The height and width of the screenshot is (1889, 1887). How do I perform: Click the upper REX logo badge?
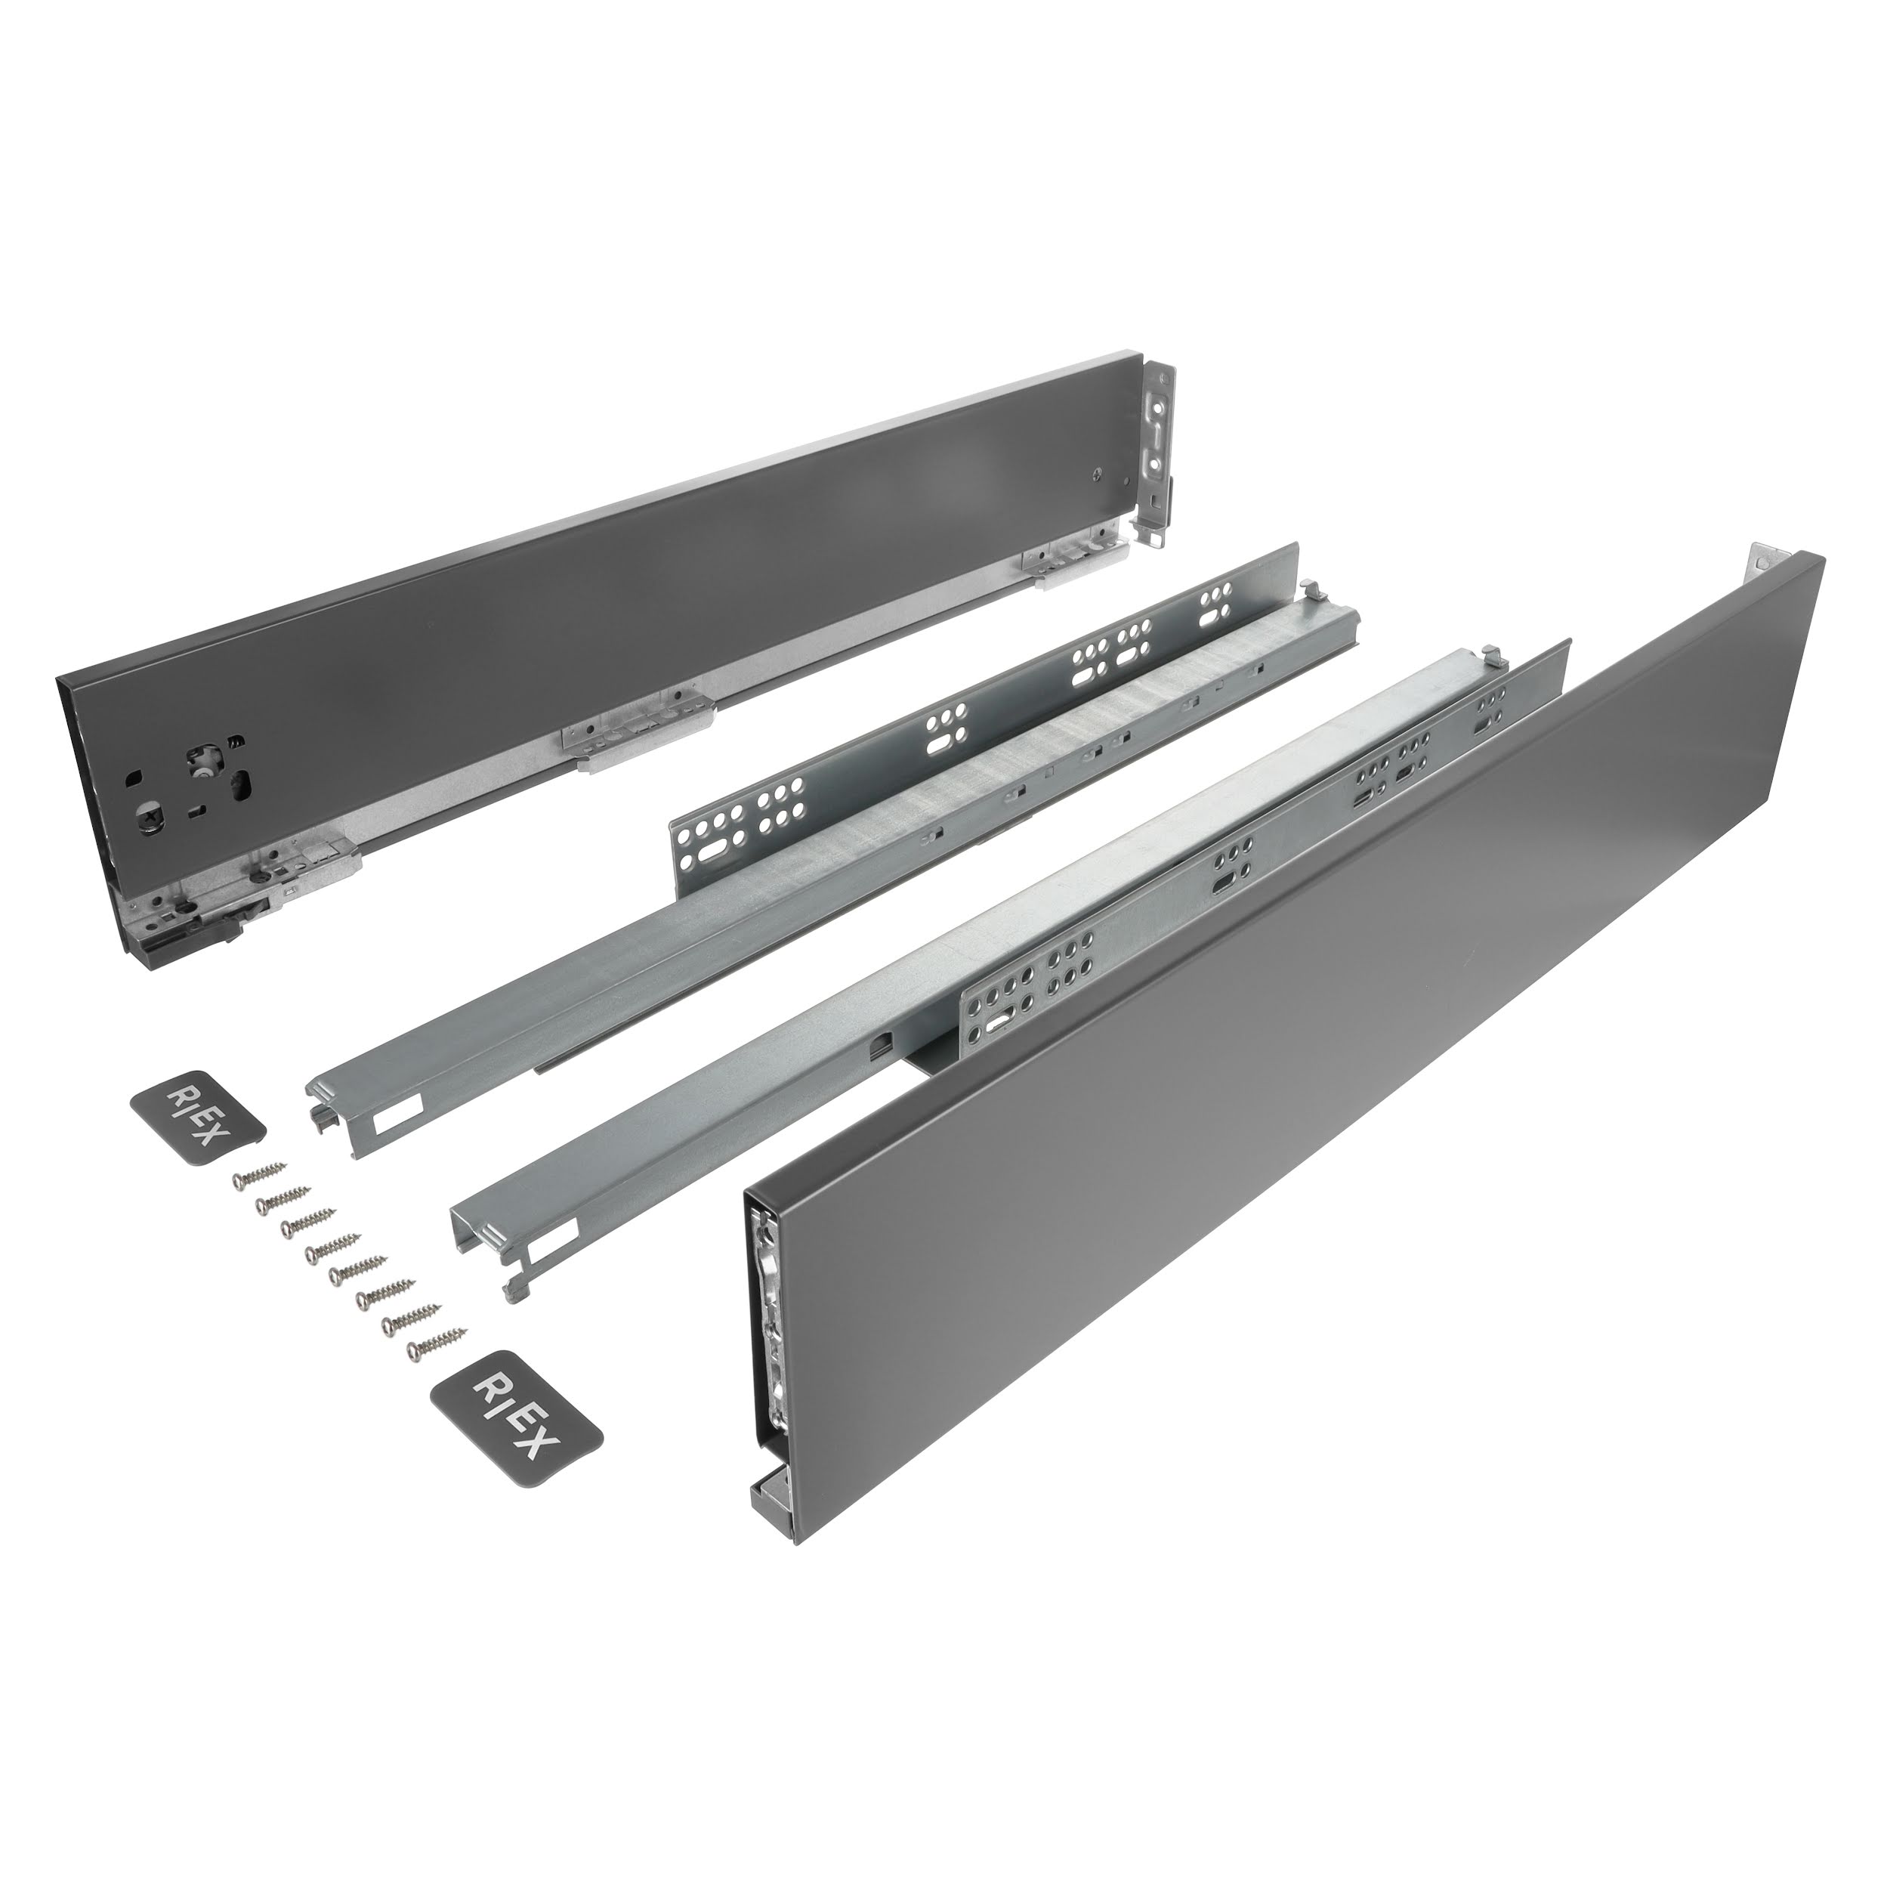(x=197, y=1114)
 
